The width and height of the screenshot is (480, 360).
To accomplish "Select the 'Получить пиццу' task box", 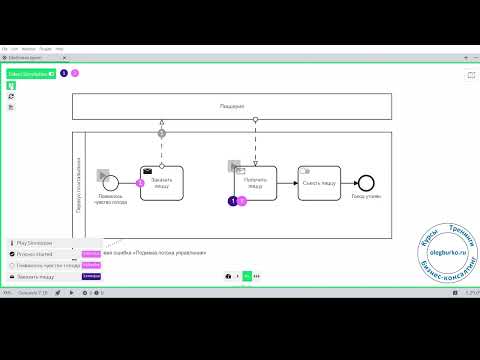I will (x=254, y=182).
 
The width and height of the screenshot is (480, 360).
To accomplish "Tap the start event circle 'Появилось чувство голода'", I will (x=112, y=182).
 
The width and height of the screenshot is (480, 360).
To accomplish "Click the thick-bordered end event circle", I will (x=366, y=182).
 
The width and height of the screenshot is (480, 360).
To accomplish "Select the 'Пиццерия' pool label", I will (x=232, y=105).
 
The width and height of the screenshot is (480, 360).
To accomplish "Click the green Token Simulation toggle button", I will (x=30, y=73).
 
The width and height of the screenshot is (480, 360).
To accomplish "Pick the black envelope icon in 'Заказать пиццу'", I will (x=148, y=170).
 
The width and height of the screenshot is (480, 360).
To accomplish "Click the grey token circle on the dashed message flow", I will (x=161, y=133).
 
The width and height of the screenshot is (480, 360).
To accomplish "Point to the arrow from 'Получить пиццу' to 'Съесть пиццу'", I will (x=286, y=182).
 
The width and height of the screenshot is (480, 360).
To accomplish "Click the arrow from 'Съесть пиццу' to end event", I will (x=350, y=182).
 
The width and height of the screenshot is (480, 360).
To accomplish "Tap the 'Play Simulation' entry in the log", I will (x=35, y=242).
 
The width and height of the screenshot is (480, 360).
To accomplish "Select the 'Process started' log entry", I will (x=35, y=254).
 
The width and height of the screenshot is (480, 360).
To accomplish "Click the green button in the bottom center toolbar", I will (x=246, y=275).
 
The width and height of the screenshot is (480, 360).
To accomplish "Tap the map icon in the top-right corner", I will (x=470, y=74).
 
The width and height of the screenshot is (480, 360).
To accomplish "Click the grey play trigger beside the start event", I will (x=101, y=174).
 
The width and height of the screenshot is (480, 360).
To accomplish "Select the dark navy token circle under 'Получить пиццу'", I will (x=233, y=201).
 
